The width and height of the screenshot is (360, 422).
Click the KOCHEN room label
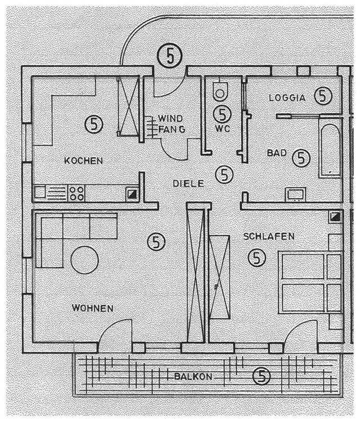(83, 161)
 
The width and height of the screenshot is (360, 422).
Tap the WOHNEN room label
(92, 308)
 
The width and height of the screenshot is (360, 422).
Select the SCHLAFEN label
(268, 237)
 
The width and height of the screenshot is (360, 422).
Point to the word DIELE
(188, 183)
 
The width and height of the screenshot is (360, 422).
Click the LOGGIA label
(286, 97)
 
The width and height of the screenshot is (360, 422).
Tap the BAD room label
(276, 152)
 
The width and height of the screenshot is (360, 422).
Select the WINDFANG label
(169, 124)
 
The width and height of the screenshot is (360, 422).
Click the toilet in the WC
(220, 89)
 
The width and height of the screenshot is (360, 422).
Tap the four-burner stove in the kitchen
(76, 193)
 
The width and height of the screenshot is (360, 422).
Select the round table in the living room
(85, 259)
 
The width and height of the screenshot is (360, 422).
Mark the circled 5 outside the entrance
(168, 55)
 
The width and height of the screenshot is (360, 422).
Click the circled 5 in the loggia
(322, 96)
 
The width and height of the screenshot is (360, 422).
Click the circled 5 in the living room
(156, 242)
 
